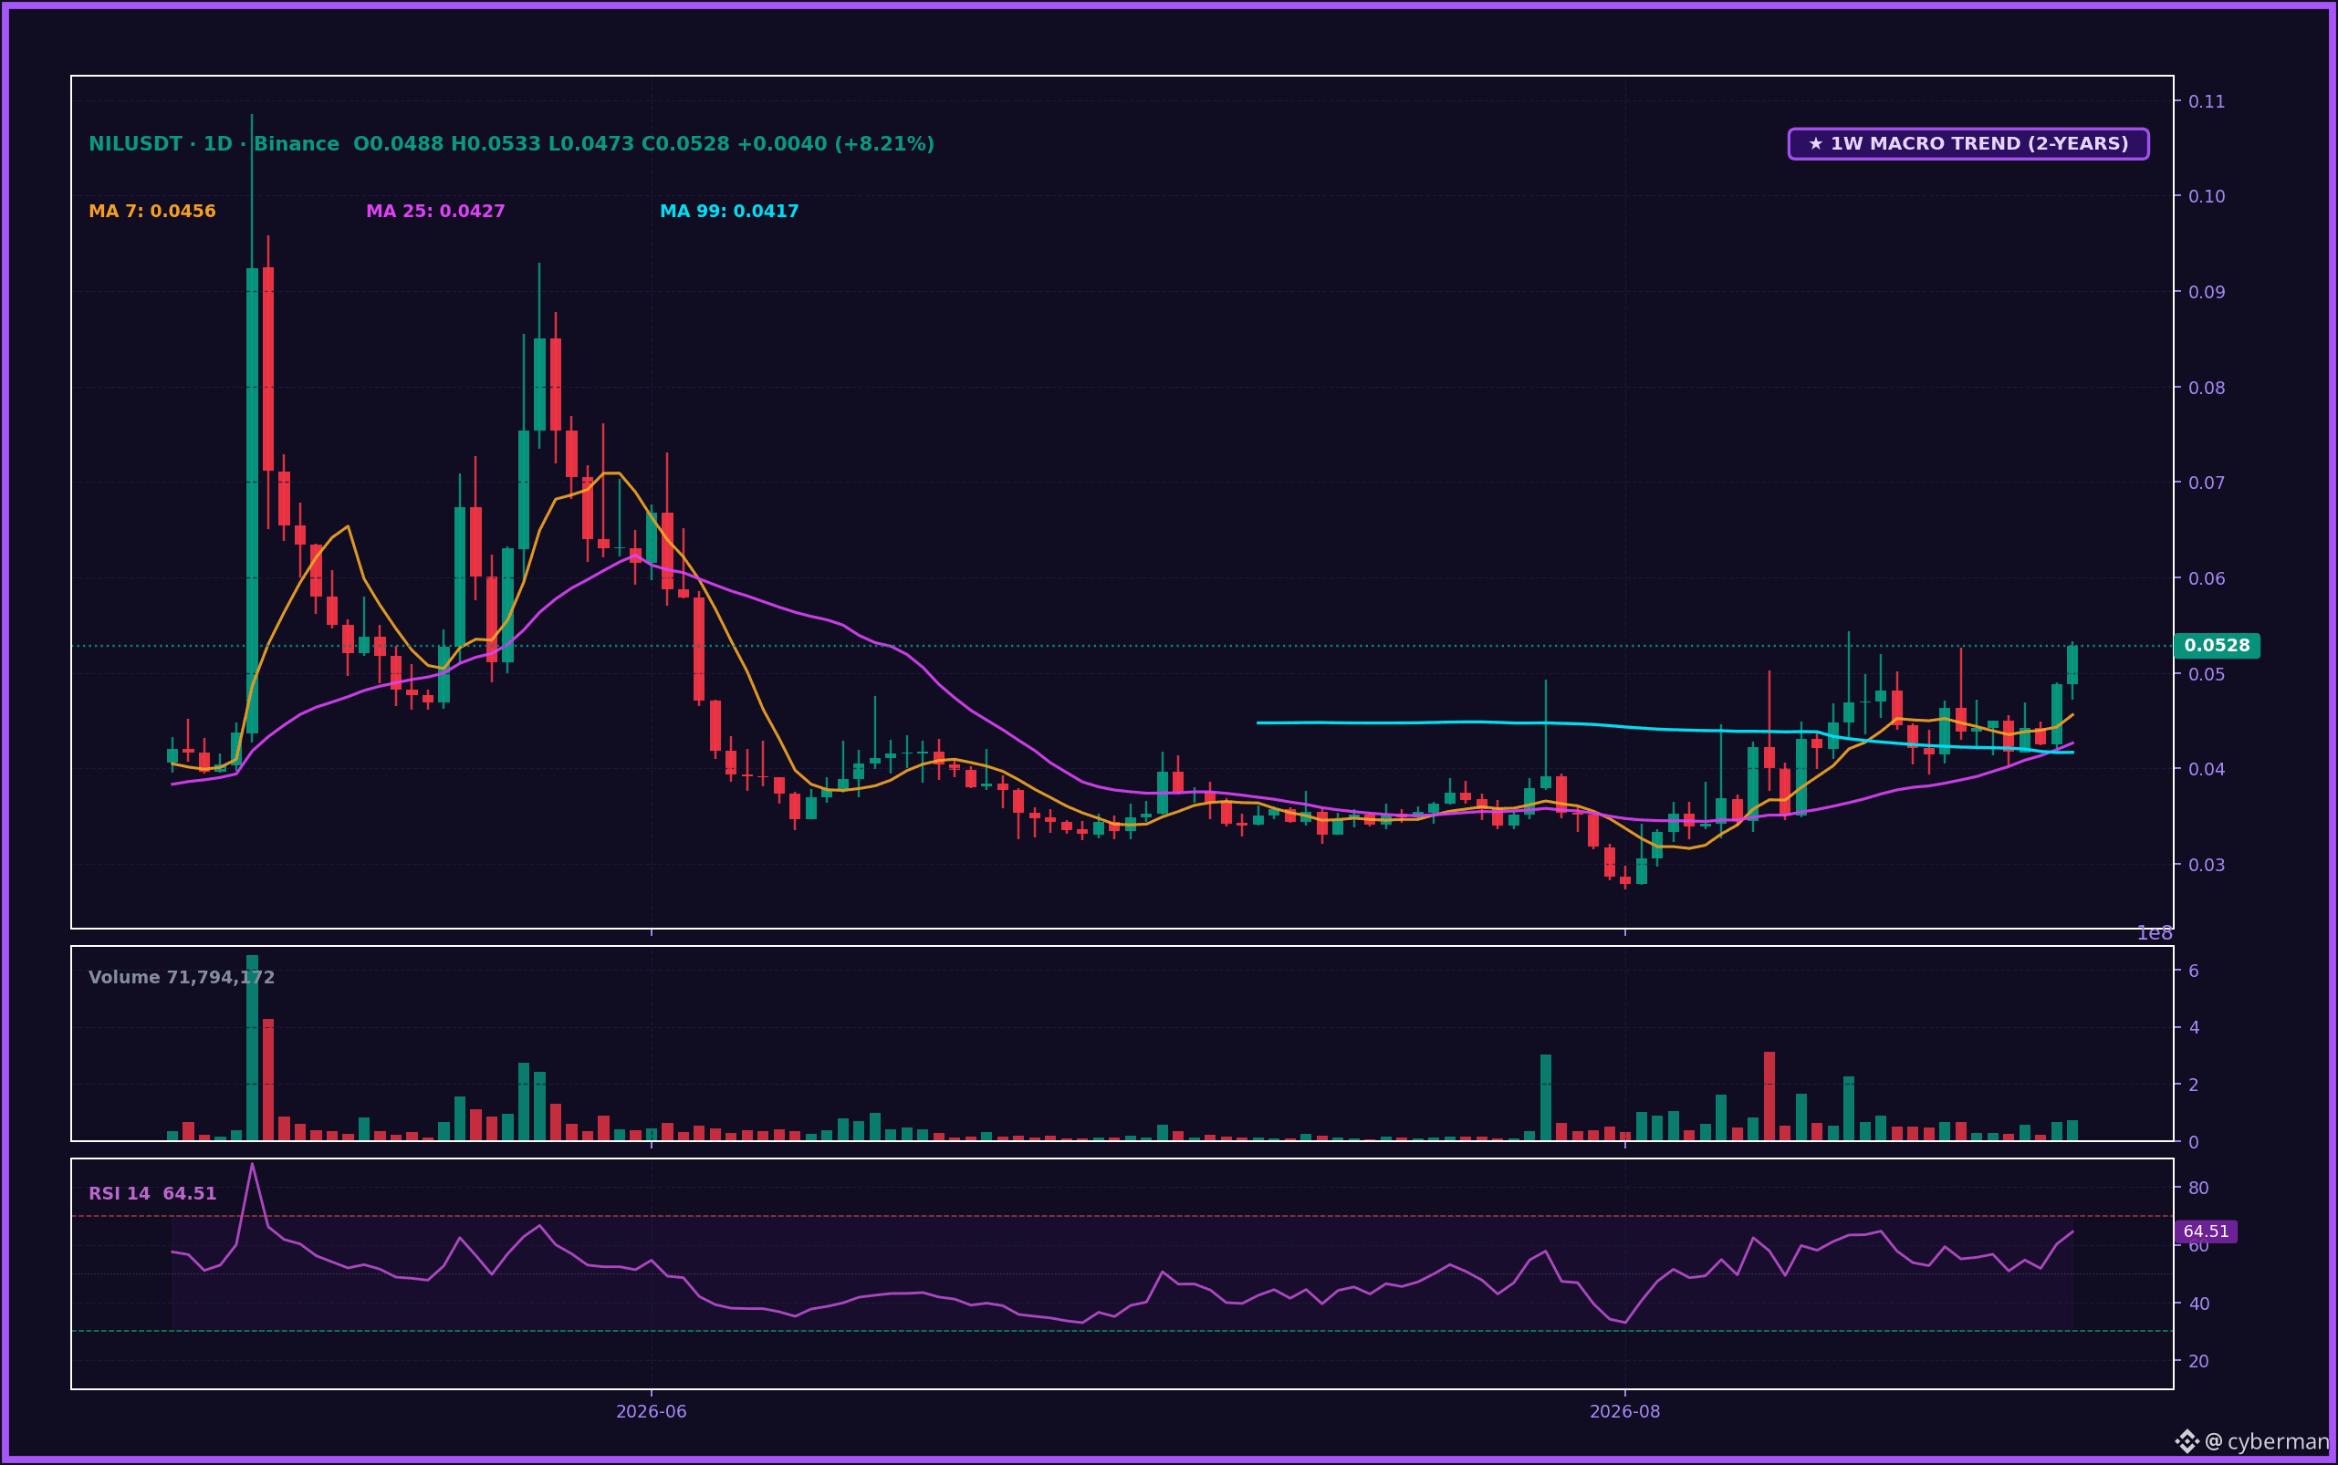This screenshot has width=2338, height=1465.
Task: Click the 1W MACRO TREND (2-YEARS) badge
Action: pyautogui.click(x=1967, y=143)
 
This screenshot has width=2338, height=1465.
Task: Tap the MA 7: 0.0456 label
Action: pyautogui.click(x=152, y=212)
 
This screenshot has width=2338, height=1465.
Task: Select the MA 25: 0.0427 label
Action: pyautogui.click(x=435, y=212)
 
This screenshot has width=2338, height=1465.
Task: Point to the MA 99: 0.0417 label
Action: pyautogui.click(x=729, y=212)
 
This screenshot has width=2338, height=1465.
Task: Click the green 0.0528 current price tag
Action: pyautogui.click(x=2217, y=645)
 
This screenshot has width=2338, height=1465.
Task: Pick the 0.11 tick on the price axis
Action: pyautogui.click(x=2207, y=100)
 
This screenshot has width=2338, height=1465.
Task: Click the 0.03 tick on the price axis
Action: pyautogui.click(x=2207, y=864)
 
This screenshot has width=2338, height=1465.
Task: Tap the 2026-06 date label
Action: pyautogui.click(x=652, y=1412)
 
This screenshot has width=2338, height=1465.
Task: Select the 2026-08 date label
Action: pyautogui.click(x=1624, y=1412)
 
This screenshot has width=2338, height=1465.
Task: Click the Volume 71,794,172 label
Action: pyautogui.click(x=182, y=978)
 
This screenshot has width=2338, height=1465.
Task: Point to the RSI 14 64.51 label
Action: pyautogui.click(x=152, y=1194)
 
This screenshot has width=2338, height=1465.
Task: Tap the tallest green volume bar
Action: pyautogui.click(x=252, y=1047)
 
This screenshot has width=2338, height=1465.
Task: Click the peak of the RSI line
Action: pyautogui.click(x=252, y=1163)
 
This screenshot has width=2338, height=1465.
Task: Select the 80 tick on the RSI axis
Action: pyautogui.click(x=2198, y=1188)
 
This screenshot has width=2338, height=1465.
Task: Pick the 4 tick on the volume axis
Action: pyautogui.click(x=2193, y=1027)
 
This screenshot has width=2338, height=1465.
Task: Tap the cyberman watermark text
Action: pyautogui.click(x=2278, y=1442)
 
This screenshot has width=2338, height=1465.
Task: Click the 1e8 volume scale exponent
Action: pyautogui.click(x=2154, y=933)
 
